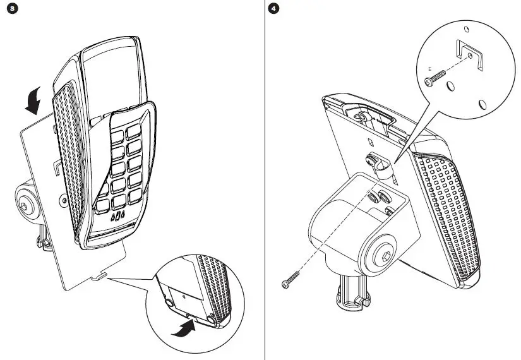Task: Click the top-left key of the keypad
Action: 116,134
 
